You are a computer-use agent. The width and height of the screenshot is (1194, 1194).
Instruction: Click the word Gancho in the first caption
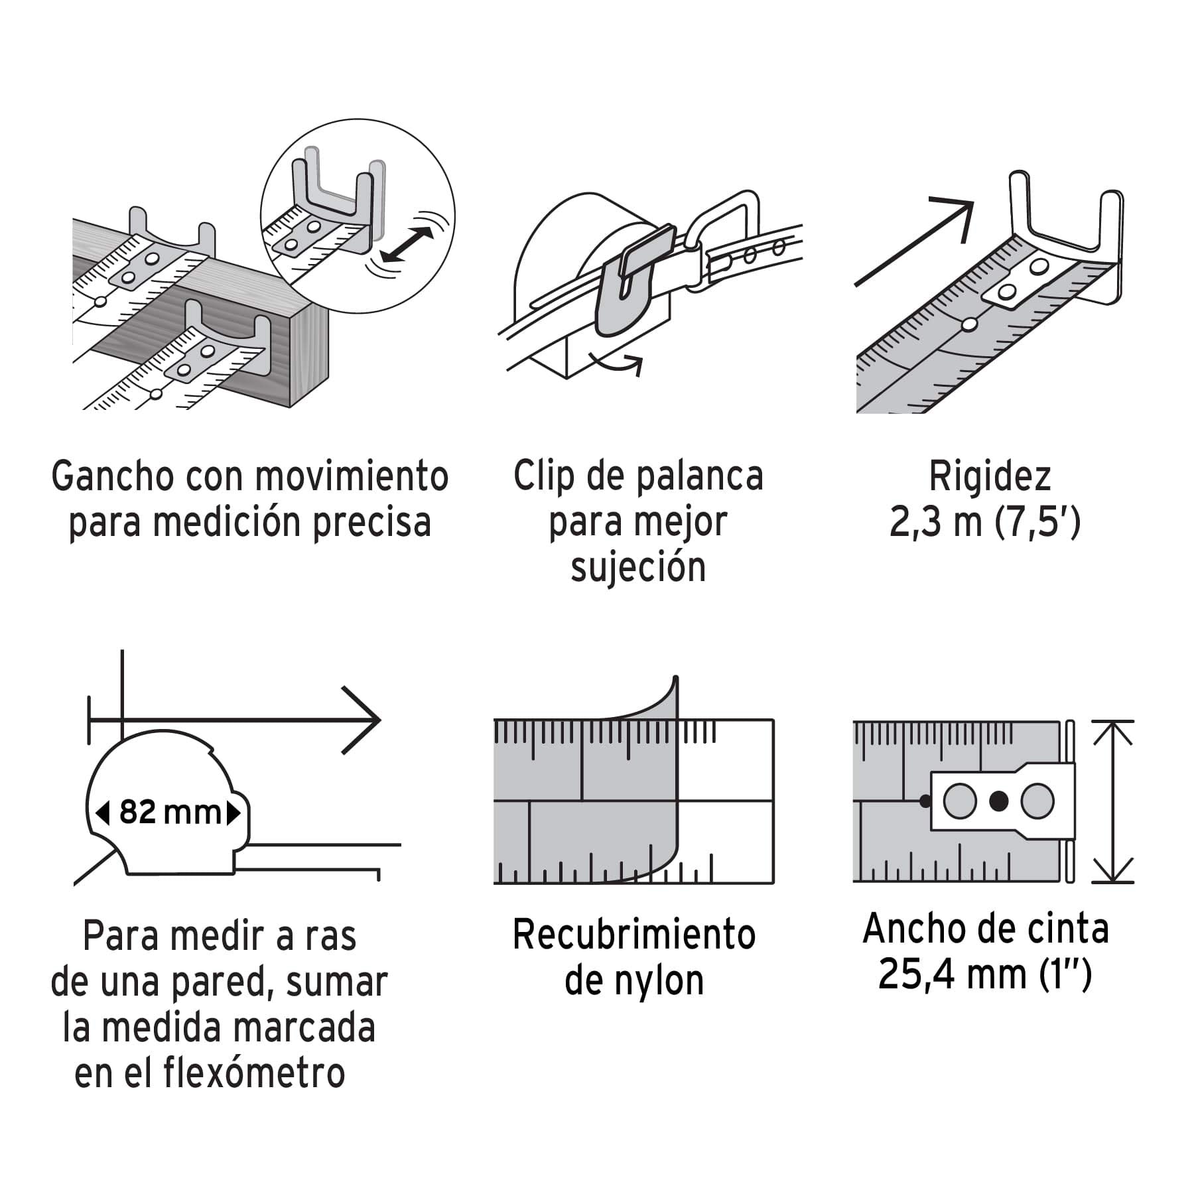[x=112, y=477]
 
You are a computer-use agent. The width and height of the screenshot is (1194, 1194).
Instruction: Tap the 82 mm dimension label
[x=170, y=813]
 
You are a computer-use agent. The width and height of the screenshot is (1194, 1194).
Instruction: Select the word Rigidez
[x=990, y=476]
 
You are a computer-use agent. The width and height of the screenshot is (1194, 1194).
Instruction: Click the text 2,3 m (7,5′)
[x=985, y=522]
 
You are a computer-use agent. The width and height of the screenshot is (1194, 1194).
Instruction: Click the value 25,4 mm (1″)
[x=985, y=974]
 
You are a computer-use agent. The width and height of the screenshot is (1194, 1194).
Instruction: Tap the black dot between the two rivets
[x=998, y=801]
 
